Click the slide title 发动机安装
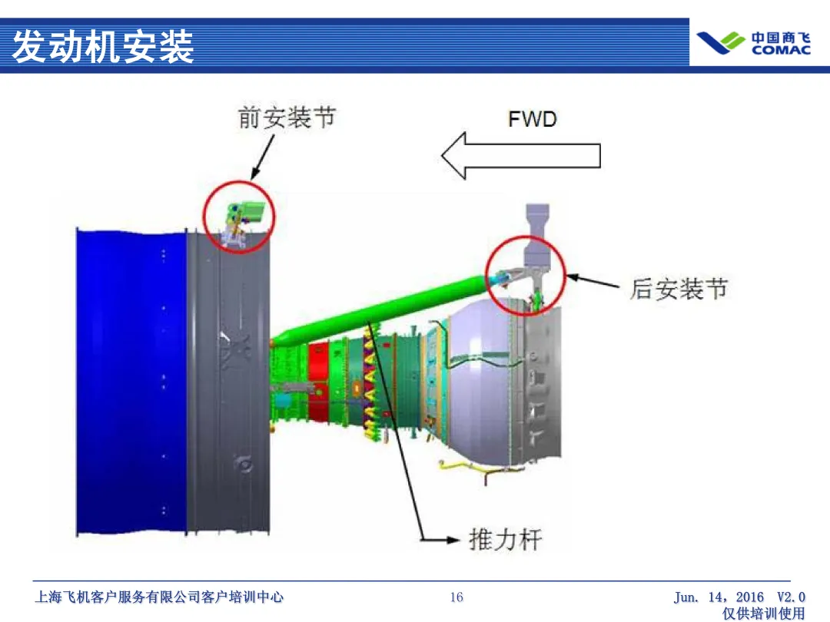click(x=103, y=47)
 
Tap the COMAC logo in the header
click(x=752, y=43)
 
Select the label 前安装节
click(x=286, y=118)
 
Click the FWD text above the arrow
click(x=532, y=119)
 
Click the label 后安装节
click(x=678, y=289)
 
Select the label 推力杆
click(x=505, y=539)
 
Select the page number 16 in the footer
click(x=456, y=597)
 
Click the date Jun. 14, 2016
click(x=719, y=597)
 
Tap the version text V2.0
click(x=791, y=597)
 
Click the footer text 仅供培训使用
click(x=764, y=614)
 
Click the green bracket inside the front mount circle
click(x=250, y=210)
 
